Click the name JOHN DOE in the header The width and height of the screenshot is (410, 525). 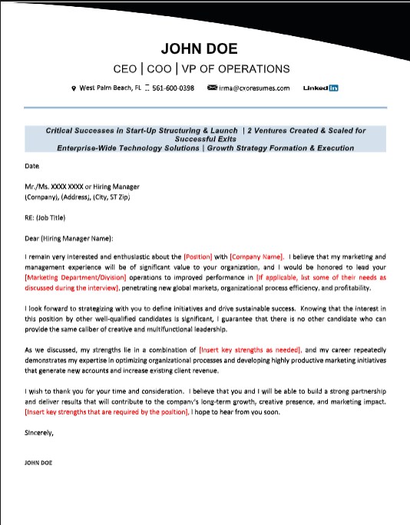click(205, 49)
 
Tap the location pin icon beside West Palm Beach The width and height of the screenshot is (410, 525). click(74, 88)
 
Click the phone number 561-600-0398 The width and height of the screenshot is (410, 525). click(173, 88)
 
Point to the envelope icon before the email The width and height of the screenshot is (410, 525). click(212, 88)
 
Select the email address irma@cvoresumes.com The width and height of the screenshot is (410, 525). click(254, 88)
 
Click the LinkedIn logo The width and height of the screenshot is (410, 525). click(321, 88)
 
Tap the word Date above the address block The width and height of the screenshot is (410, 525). click(31, 165)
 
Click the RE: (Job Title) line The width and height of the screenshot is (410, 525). click(47, 217)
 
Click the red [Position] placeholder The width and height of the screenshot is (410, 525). click(198, 256)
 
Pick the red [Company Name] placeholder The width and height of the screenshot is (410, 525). click(256, 256)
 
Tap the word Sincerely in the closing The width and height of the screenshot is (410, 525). click(39, 432)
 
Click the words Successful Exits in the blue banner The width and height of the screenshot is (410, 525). click(205, 140)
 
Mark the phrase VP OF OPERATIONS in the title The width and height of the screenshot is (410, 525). click(234, 69)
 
